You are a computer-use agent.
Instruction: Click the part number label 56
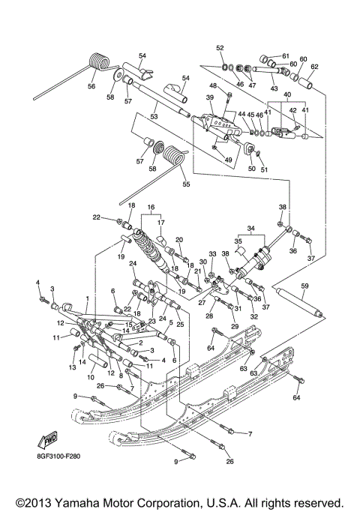point(91,86)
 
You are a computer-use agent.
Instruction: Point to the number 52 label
point(220,48)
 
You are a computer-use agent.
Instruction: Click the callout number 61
point(285,55)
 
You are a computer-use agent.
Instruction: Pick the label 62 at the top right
point(313,67)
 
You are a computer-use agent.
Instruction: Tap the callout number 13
point(73,368)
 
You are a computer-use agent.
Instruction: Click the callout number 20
point(179,240)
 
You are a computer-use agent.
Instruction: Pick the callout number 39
point(211,98)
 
